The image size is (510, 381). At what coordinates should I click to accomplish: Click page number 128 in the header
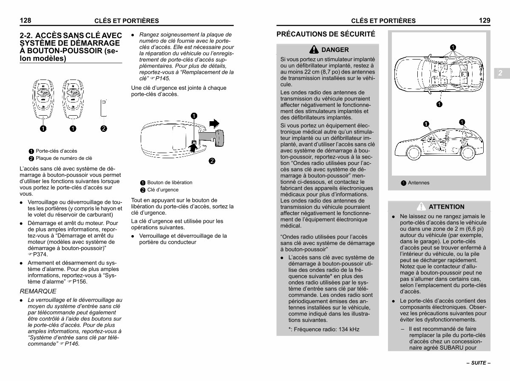click(26, 20)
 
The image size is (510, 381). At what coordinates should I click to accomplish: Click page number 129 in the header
click(484, 20)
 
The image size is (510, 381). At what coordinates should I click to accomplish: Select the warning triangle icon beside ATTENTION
click(421, 207)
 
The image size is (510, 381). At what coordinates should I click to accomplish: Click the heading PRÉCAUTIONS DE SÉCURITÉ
click(326, 34)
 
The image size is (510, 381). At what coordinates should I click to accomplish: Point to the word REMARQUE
click(38, 291)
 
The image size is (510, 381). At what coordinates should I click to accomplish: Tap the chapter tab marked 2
click(500, 73)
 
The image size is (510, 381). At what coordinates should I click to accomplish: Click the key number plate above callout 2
click(104, 108)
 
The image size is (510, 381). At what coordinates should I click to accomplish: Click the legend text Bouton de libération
click(170, 182)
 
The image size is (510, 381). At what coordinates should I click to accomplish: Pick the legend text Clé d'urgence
click(163, 190)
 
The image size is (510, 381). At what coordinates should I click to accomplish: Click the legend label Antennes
click(419, 183)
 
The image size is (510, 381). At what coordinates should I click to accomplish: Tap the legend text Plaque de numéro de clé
click(64, 158)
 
